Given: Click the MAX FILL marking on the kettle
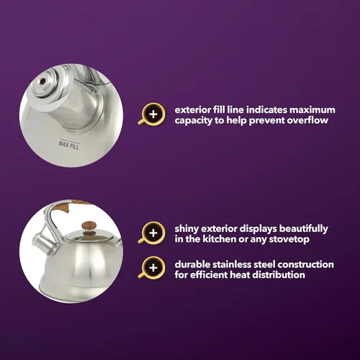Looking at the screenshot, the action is (69, 145).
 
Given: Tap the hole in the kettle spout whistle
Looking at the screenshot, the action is (43, 81).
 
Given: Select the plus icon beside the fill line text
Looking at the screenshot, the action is (152, 114).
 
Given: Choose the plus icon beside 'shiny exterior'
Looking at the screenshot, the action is (152, 233).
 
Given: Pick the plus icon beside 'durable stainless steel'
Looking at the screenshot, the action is (152, 268).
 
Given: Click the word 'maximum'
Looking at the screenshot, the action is (312, 110).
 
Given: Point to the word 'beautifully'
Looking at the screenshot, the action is (303, 229).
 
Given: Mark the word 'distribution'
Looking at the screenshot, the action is (279, 275).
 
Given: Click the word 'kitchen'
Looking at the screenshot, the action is (220, 239).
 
